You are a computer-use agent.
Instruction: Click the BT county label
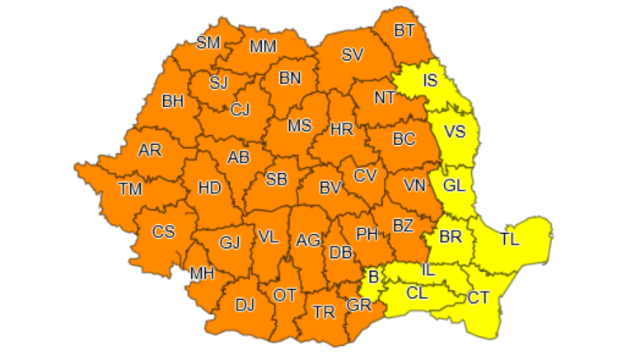(x=404, y=31)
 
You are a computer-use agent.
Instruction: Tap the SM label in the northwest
(x=208, y=43)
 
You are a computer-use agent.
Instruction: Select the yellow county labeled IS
(x=430, y=81)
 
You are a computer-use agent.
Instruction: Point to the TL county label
(x=510, y=241)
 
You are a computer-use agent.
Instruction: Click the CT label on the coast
(x=479, y=297)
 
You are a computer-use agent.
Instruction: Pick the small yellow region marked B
(x=374, y=278)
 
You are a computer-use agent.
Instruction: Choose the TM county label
(x=130, y=189)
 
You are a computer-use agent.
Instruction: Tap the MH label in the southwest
(x=202, y=273)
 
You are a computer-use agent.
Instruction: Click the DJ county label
(x=245, y=306)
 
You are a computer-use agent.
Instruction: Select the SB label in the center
(x=277, y=179)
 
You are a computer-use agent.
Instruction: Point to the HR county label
(x=341, y=129)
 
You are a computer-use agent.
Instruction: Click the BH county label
(x=173, y=102)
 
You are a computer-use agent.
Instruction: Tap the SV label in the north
(x=353, y=55)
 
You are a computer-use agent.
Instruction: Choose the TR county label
(x=324, y=311)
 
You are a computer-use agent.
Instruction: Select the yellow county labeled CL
(x=418, y=292)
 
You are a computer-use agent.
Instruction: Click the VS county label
(x=454, y=131)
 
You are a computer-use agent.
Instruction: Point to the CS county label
(x=163, y=231)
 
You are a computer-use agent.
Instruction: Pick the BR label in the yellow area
(x=450, y=236)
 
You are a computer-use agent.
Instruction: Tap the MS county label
(x=299, y=126)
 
